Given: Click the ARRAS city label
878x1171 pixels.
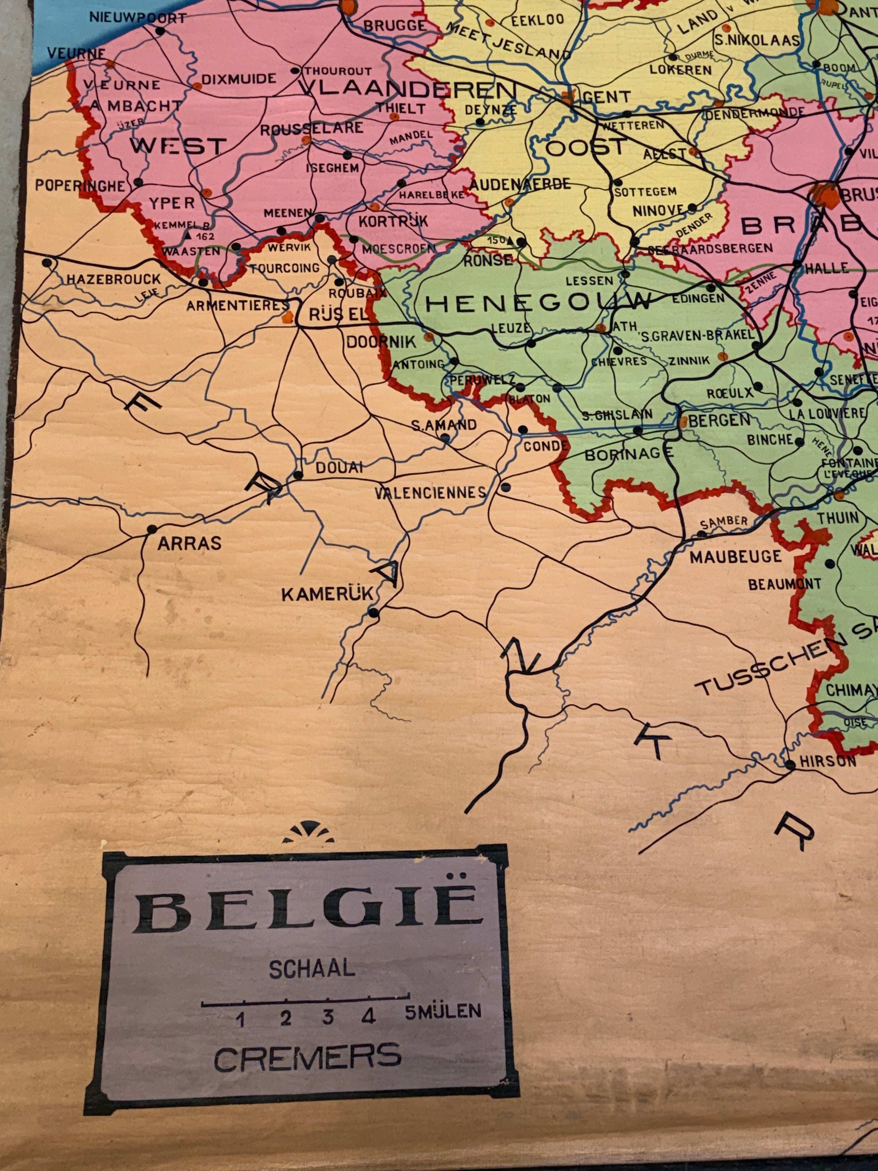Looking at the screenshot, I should [189, 544].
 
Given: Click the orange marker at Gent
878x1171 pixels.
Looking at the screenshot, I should [568, 97].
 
